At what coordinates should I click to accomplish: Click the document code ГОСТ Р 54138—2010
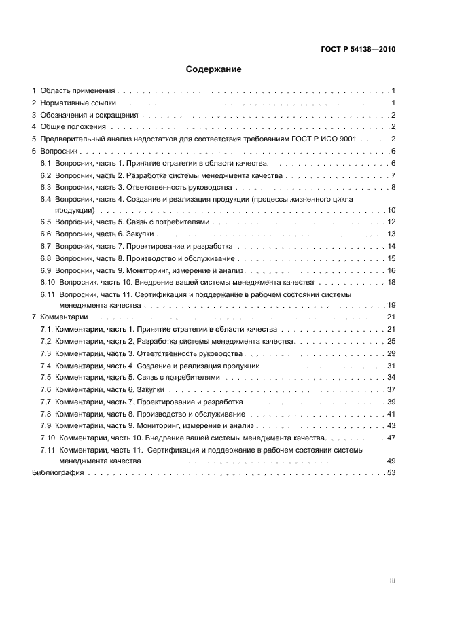coord(358,50)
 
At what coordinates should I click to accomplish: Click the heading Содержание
coord(214,69)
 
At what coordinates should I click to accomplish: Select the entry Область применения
coord(78,90)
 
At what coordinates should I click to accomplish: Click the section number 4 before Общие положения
coord(34,127)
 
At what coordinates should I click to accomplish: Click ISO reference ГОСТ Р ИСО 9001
coord(332,139)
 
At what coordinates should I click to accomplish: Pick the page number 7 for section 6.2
coord(393,176)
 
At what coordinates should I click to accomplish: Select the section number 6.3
coord(46,188)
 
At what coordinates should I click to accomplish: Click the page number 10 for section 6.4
coord(391,210)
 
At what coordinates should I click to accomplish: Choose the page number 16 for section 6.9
coord(391,270)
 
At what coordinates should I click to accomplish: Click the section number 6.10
coord(48,283)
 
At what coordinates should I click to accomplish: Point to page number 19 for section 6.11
coord(391,306)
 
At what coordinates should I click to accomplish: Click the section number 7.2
coord(46,342)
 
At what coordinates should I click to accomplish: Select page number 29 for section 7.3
coord(391,354)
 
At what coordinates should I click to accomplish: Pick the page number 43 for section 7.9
coord(391,426)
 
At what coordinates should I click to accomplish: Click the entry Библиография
coord(58,473)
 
